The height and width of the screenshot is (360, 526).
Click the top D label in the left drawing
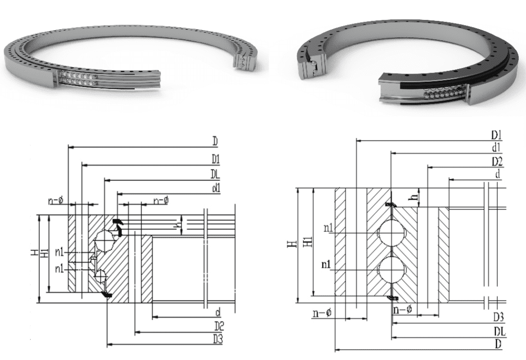(x=215, y=141)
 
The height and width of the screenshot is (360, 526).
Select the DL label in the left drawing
(x=215, y=175)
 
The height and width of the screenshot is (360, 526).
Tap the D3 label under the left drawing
(x=218, y=339)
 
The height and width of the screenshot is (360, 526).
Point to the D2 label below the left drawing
(x=219, y=326)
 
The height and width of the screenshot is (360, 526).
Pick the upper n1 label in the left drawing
(x=59, y=252)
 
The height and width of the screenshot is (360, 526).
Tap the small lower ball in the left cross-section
(x=101, y=277)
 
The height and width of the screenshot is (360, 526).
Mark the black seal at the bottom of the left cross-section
(x=107, y=295)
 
